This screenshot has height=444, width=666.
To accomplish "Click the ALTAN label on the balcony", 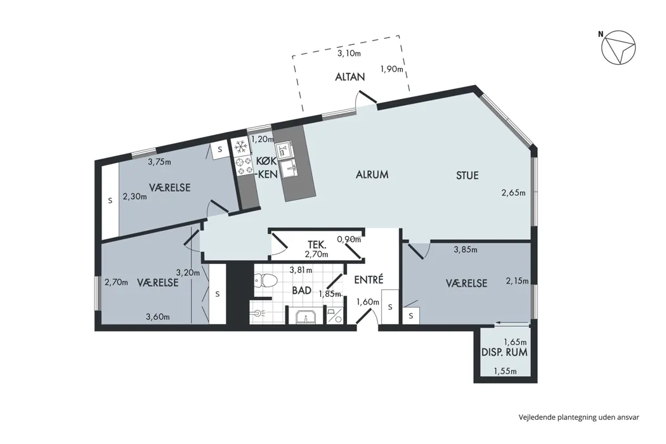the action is tap(350, 77).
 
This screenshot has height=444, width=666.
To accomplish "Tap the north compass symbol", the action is tap(618, 48).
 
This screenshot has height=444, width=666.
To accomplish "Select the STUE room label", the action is tap(467, 176).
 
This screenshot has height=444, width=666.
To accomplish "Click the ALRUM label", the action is tap(372, 174).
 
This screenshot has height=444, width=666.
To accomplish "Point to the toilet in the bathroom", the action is tap(266, 280).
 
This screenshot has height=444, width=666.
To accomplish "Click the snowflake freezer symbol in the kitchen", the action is tap(241, 147).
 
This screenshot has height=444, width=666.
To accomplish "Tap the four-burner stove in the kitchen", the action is tap(244, 166).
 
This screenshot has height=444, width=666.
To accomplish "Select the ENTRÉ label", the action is tap(369, 280).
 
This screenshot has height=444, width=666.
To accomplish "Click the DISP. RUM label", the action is tap(505, 352).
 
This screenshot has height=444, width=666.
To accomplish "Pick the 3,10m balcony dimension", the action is tap(349, 53).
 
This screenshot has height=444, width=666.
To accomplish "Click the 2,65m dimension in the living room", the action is tap(514, 192).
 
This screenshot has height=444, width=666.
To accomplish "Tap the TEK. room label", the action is tap(317, 245).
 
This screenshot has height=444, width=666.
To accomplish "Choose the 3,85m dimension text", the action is tap(466, 250).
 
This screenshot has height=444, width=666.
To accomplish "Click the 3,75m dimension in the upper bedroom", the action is tap(159, 162).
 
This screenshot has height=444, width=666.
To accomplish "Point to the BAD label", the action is tap(301, 291).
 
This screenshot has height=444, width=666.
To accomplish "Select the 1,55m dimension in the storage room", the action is tap(505, 371).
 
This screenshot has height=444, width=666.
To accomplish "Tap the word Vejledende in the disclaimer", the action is tap(534, 417).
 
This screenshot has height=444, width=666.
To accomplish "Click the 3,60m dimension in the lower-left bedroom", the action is tap(158, 317).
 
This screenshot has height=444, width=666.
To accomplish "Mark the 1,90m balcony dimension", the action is tap(391, 69).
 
